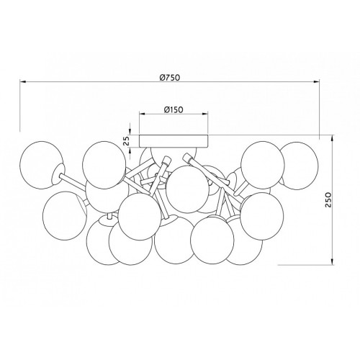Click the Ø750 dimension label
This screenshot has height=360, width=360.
pos(170,77)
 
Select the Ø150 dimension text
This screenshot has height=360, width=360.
pos(174,109)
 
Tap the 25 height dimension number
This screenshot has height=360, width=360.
pos(127,141)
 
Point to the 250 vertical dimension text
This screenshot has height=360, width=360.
pos(328,199)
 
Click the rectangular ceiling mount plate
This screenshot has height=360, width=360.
pos(174,141)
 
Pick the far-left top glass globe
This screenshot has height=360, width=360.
pos(42,165)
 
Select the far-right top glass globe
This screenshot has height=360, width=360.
pos(298,166)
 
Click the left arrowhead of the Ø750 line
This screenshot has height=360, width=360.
pos(23,82)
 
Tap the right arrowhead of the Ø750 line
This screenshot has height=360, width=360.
pos(315,82)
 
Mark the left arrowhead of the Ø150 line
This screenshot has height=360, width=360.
pos(143,114)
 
